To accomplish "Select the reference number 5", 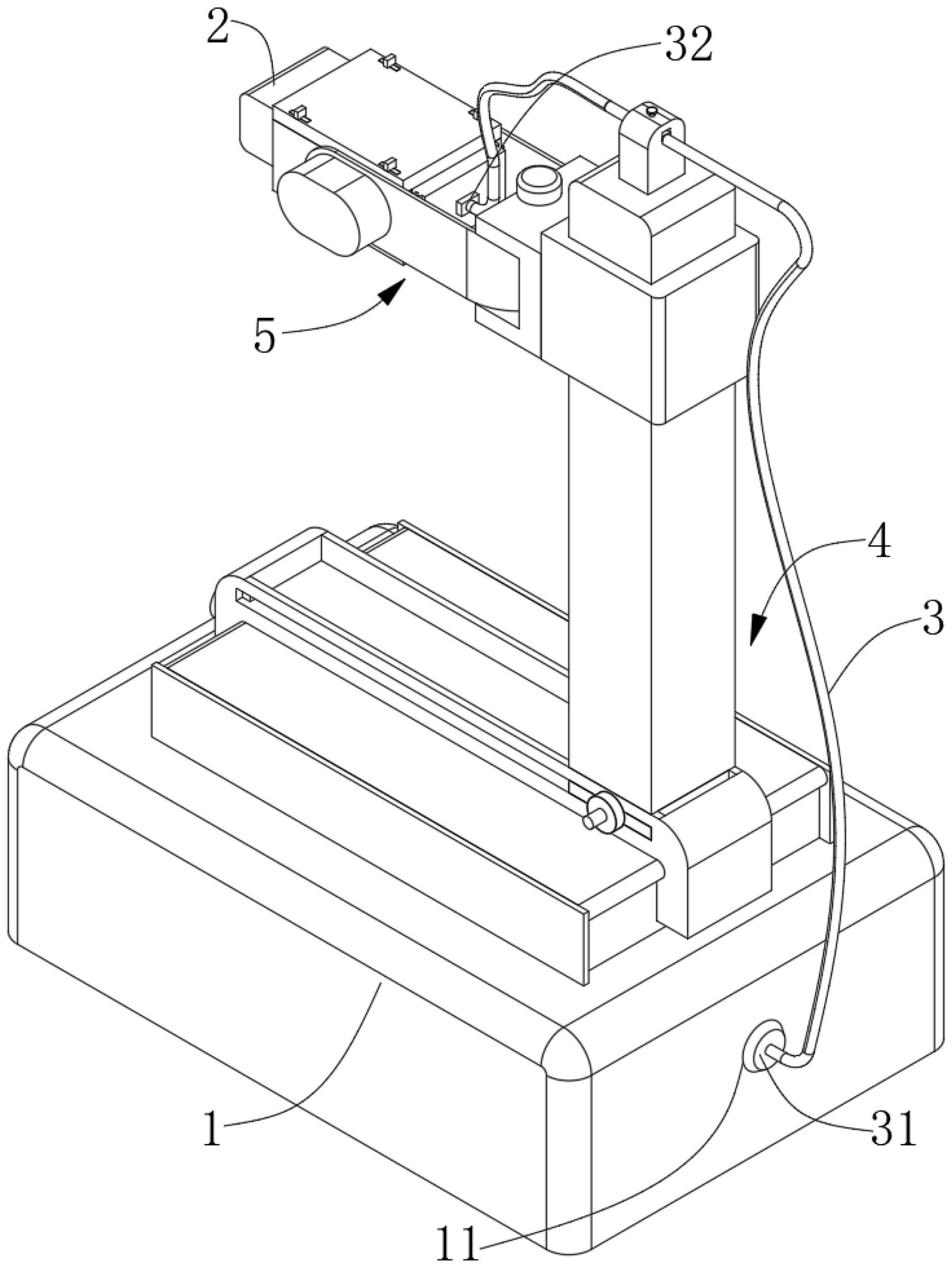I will coord(265,337).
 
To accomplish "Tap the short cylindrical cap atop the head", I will coord(539,183).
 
